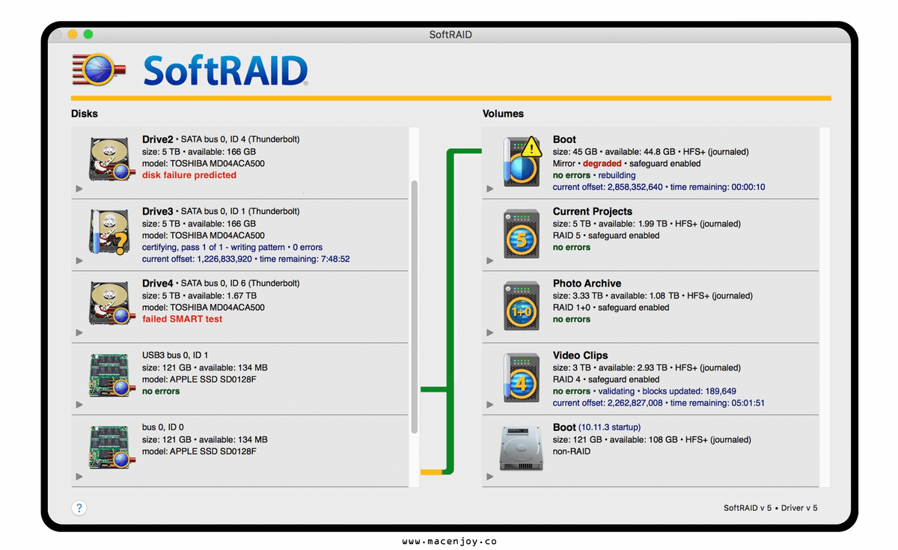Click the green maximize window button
point(88,34)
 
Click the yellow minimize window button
point(73,34)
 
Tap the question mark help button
point(79,508)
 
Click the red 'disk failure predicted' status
point(189,175)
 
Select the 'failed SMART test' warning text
point(182,319)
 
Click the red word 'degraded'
point(602,164)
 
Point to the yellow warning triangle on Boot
point(531,147)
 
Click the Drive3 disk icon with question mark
point(110,232)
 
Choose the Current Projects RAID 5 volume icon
point(521,233)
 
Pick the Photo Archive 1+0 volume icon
point(521,306)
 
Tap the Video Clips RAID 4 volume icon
point(521,378)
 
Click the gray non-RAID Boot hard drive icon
point(521,448)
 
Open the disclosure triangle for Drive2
point(79,189)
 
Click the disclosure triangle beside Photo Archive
point(490,332)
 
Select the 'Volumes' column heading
point(503,114)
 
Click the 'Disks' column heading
point(84,114)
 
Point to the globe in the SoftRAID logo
point(98,70)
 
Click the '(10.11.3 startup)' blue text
point(609,427)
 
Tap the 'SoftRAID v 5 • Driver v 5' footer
point(770,508)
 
